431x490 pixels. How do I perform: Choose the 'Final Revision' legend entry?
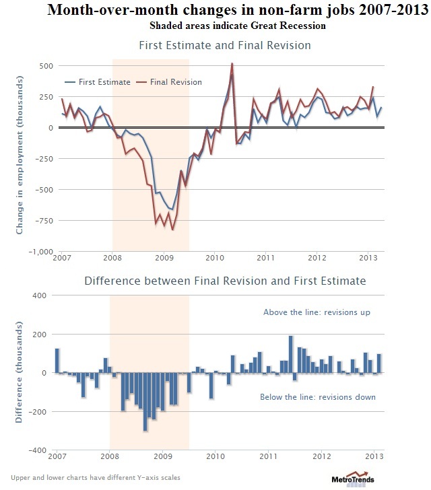click(174, 82)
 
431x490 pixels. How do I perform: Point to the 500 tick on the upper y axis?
click(46, 66)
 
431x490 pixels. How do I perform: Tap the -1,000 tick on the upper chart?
click(40, 251)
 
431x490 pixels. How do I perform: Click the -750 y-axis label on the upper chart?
click(44, 220)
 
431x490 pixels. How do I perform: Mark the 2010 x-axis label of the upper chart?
click(215, 258)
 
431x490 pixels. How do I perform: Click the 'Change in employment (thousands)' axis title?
click(20, 159)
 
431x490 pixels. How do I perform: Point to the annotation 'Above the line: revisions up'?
click(316, 312)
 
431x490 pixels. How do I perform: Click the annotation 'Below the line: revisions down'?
click(318, 397)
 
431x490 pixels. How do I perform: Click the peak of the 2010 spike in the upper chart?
click(232, 64)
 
